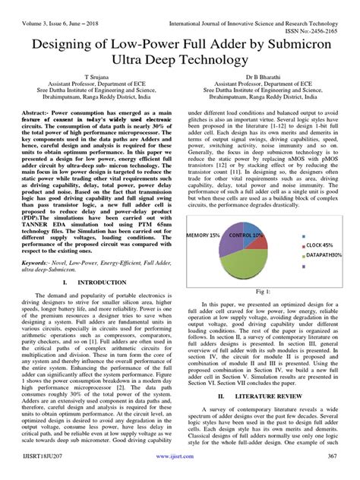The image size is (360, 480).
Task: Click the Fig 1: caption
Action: [x=264, y=291]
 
